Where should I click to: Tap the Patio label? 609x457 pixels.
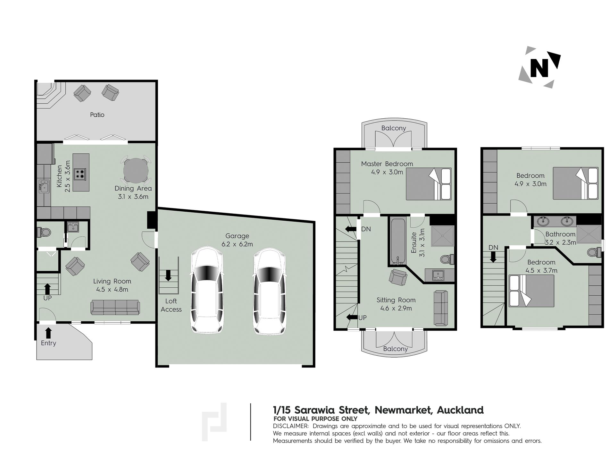coord(97,115)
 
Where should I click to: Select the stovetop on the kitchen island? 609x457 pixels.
coord(80,173)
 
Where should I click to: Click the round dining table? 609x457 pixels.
coord(136,170)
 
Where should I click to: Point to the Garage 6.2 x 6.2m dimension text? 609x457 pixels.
coord(237,244)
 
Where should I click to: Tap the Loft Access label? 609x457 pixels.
coord(171,305)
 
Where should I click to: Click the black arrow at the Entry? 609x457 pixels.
coord(48,333)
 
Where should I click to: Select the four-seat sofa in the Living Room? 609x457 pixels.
coord(115,307)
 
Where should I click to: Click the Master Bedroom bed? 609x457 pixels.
coord(429,184)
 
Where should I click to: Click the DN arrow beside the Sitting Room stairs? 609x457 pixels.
coord(352,229)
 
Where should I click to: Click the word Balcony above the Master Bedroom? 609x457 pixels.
coord(394,128)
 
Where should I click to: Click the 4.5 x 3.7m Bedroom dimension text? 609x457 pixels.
coord(541,270)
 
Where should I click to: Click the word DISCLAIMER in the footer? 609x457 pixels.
coord(291,426)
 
